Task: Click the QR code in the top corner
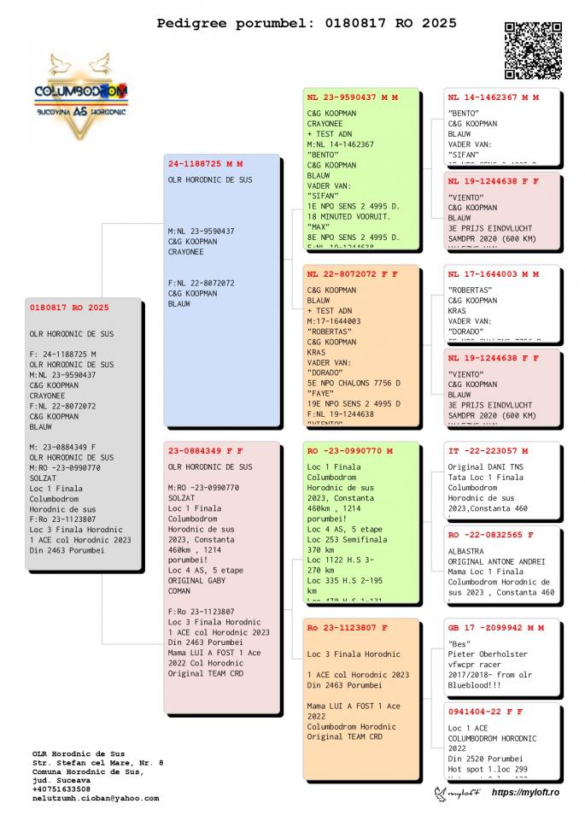point(534,50)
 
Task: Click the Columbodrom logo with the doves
point(81,96)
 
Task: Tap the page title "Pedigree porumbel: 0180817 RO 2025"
point(307,23)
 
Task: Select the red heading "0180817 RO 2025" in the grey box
point(69,308)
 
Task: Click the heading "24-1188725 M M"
point(205,163)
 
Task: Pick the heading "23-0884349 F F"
point(205,450)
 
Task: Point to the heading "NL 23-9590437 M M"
point(352,97)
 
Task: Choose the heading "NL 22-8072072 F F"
point(352,276)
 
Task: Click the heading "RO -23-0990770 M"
point(349,450)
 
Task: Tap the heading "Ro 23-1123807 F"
point(347,628)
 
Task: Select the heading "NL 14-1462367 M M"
point(493,97)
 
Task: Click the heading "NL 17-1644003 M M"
point(493,275)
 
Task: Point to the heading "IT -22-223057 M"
point(488,450)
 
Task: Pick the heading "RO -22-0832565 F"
point(490,535)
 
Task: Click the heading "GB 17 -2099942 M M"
point(495,627)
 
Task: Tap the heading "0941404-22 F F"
point(485,711)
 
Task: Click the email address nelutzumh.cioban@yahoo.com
point(96,798)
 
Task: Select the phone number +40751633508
point(61,789)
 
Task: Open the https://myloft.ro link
point(524,793)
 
